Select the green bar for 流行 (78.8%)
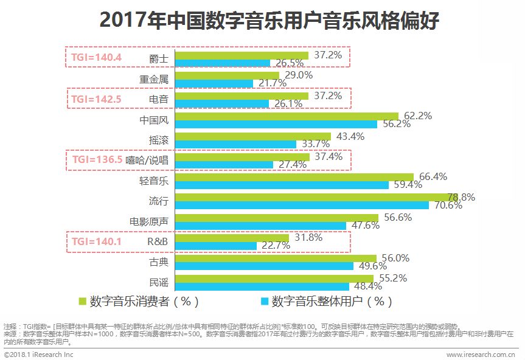[x=316, y=198]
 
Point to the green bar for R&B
[x=231, y=238]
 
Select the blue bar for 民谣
[x=262, y=286]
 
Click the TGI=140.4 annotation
[x=97, y=58]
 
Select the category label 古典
[x=159, y=262]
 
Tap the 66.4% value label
[x=433, y=176]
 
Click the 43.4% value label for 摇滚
[x=350, y=136]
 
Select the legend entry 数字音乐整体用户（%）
[x=327, y=301]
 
